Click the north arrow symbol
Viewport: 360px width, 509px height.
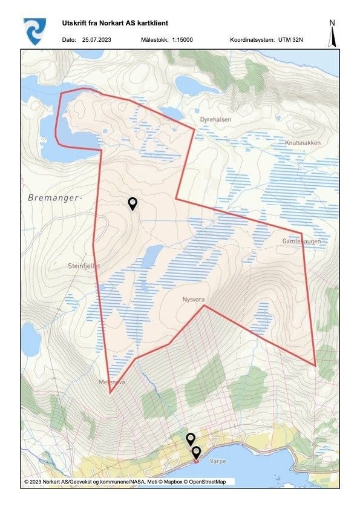[x=332, y=33]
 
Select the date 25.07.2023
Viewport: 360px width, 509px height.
[x=99, y=40]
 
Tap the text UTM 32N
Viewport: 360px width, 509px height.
[x=296, y=40]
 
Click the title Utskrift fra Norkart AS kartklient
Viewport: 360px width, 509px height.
[x=115, y=23]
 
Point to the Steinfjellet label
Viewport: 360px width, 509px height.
[x=83, y=265]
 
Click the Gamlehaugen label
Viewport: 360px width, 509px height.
[x=301, y=241]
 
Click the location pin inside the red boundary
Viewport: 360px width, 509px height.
[x=133, y=204]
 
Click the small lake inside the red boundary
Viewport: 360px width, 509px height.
[x=152, y=256]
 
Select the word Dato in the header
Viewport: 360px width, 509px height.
[x=69, y=40]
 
